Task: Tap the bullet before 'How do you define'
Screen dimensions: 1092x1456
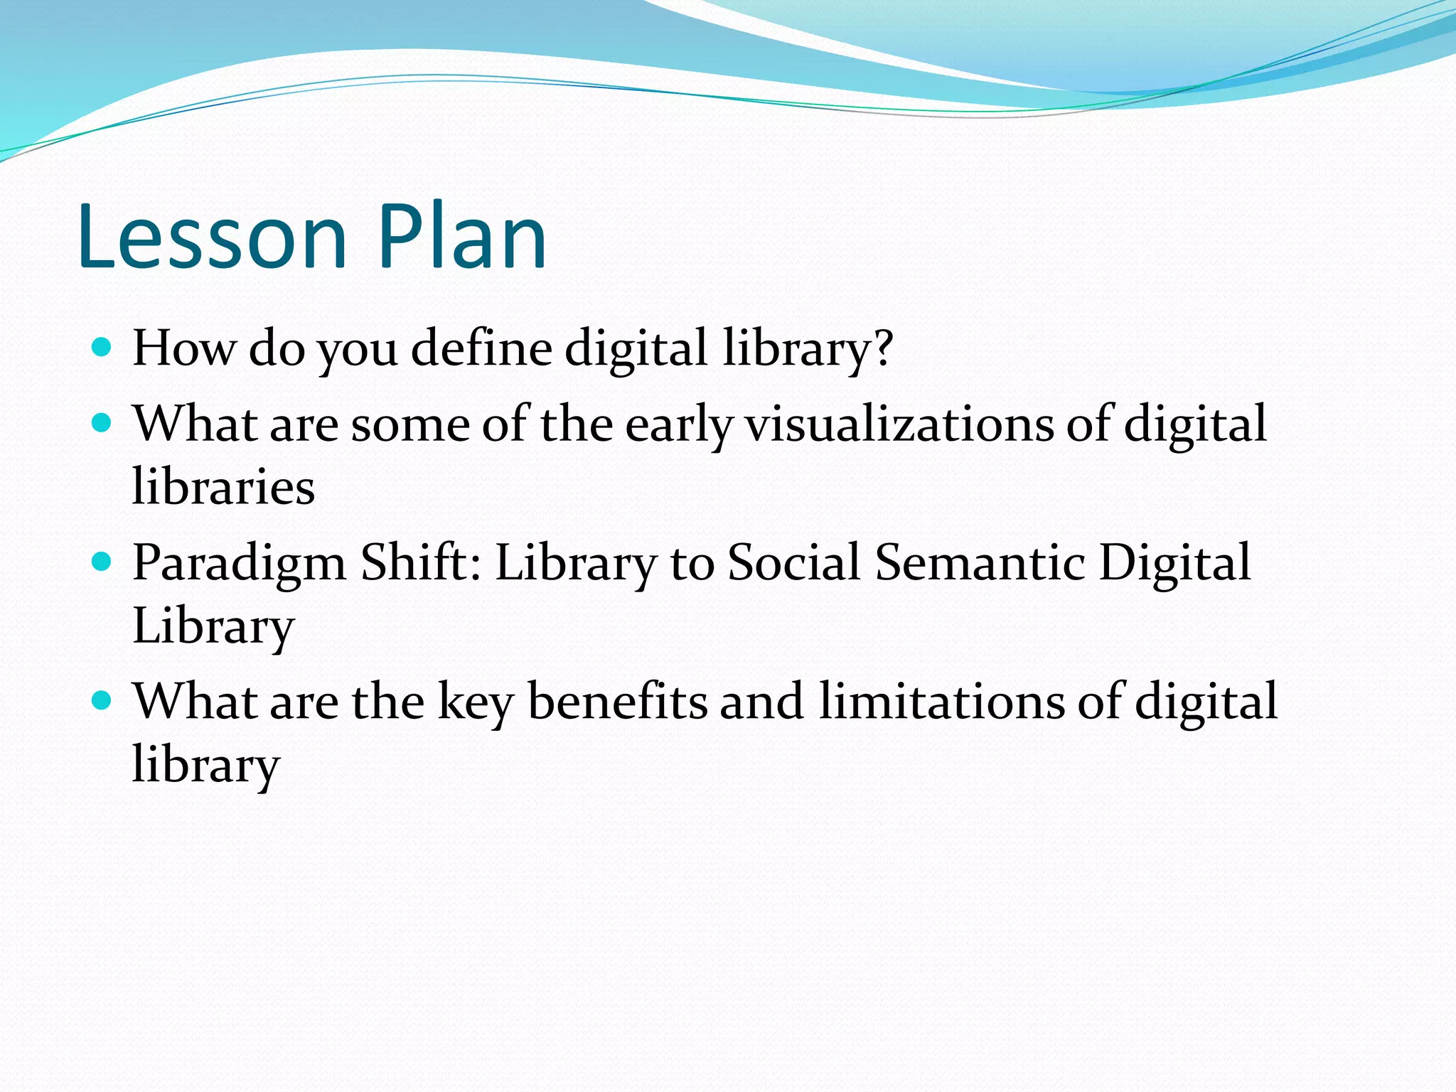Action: click(102, 348)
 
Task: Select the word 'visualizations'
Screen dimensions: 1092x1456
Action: click(899, 424)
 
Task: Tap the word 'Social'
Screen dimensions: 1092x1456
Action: click(794, 562)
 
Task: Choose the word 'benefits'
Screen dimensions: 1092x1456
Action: click(617, 702)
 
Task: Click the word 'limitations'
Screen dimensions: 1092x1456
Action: click(941, 702)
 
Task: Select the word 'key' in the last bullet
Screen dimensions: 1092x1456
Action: click(475, 704)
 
